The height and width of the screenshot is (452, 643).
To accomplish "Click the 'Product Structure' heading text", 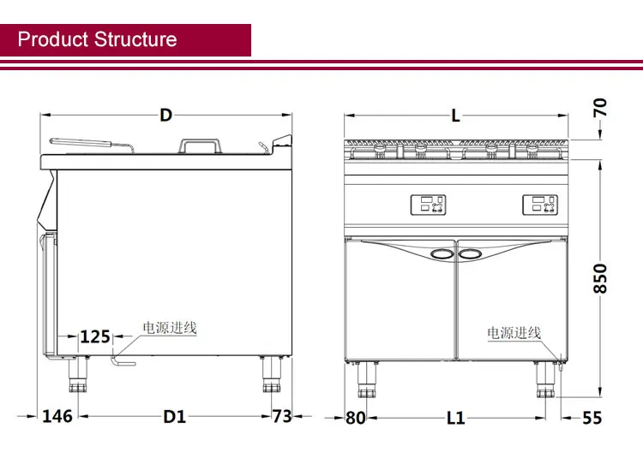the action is (97, 39).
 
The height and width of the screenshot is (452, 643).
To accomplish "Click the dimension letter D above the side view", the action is (165, 116).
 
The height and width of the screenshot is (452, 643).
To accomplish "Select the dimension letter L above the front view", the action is (455, 116).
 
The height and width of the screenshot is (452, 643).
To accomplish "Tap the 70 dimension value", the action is (600, 108).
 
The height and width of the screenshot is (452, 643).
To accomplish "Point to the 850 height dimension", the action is (600, 278).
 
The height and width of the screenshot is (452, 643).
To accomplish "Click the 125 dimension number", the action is (94, 336).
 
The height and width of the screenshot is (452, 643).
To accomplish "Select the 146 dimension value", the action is (57, 416).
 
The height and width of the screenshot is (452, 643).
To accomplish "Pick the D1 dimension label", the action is (175, 417).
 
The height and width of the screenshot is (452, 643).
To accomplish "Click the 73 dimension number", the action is (282, 416).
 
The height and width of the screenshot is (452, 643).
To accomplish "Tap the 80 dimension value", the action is (355, 418).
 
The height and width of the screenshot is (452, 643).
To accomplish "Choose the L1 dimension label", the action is (455, 418).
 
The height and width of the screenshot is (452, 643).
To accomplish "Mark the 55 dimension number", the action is (592, 418).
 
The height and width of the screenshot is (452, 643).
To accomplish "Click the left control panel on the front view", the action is (428, 205).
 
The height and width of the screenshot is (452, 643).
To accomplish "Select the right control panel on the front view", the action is (539, 205).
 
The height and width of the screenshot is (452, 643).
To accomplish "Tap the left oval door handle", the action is (442, 254).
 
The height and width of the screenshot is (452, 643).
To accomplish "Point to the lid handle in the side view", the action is (200, 146).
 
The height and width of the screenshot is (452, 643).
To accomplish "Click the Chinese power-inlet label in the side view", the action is (170, 328).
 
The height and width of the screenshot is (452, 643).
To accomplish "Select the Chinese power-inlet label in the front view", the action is (514, 332).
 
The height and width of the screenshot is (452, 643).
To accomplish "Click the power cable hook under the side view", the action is (123, 361).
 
